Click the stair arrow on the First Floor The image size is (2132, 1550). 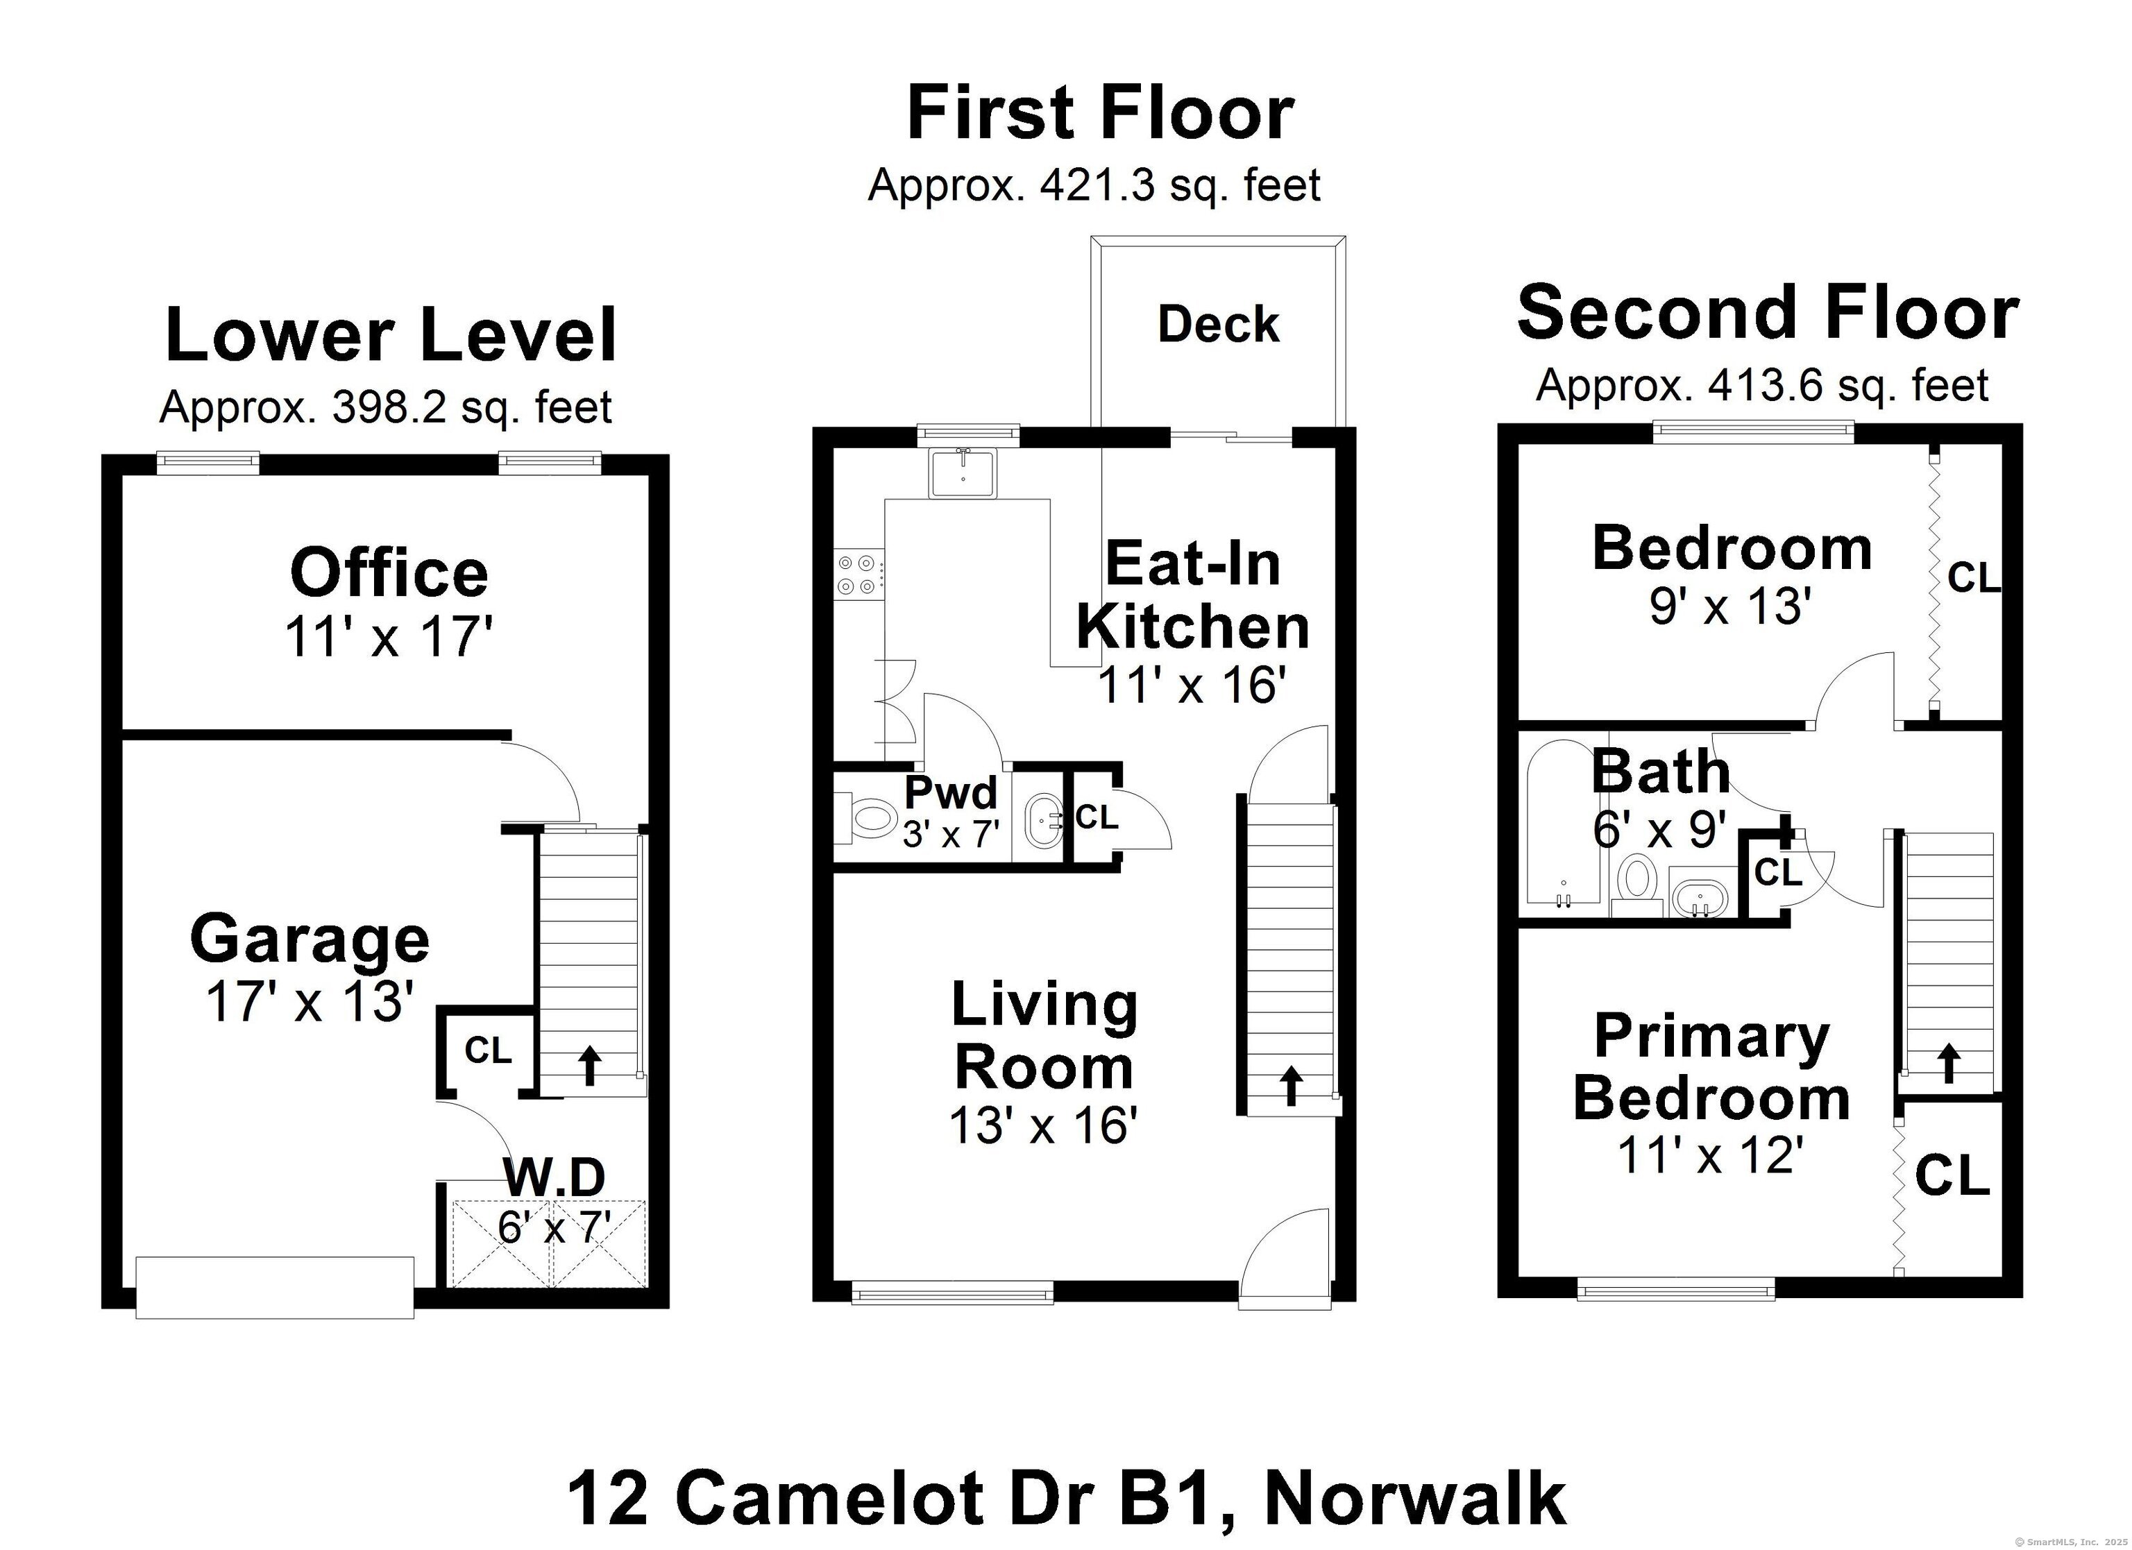(x=1292, y=1084)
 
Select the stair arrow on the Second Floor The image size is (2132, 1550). (x=1949, y=1063)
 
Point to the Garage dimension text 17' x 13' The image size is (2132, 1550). (x=310, y=1002)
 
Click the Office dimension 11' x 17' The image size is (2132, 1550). (x=388, y=636)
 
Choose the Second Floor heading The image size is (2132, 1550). (x=1767, y=313)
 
